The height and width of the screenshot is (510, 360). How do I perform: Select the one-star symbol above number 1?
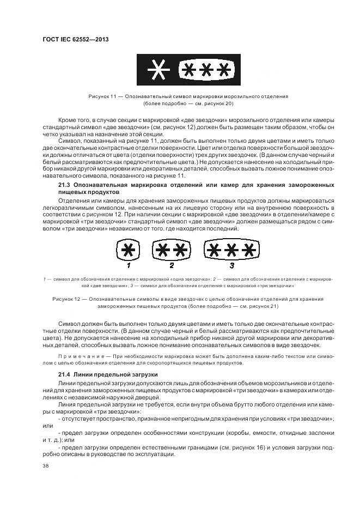click(129, 250)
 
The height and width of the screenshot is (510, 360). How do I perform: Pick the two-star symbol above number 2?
click(172, 250)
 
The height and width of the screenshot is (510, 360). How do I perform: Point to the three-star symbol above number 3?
click(231, 250)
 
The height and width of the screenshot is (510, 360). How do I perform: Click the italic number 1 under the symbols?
click(129, 266)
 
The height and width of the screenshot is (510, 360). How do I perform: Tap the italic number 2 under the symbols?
click(172, 266)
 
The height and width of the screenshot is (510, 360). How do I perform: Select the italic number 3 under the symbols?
click(231, 266)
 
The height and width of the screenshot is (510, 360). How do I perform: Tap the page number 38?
click(46, 466)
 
